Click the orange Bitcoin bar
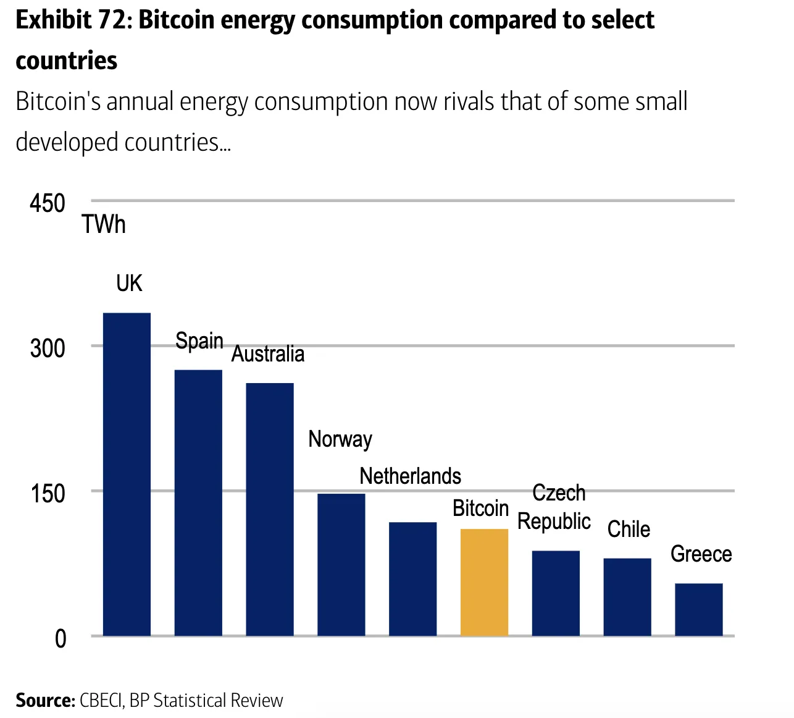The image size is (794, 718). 484,582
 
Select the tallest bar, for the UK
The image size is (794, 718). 127,474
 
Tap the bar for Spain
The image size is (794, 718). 198,502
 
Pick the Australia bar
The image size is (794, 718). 270,509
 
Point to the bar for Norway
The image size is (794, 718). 341,564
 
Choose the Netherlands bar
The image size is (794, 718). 412,578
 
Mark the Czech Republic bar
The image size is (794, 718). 556,593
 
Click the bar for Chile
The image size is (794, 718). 627,596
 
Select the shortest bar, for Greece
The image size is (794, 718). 698,609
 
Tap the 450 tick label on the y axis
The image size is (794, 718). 47,203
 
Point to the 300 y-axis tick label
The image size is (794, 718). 47,348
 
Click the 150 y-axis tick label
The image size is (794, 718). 48,493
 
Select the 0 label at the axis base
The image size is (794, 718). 60,638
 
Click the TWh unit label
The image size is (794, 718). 104,224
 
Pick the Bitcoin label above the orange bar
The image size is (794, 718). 480,509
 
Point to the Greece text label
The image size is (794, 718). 701,554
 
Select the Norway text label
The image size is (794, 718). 340,439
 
